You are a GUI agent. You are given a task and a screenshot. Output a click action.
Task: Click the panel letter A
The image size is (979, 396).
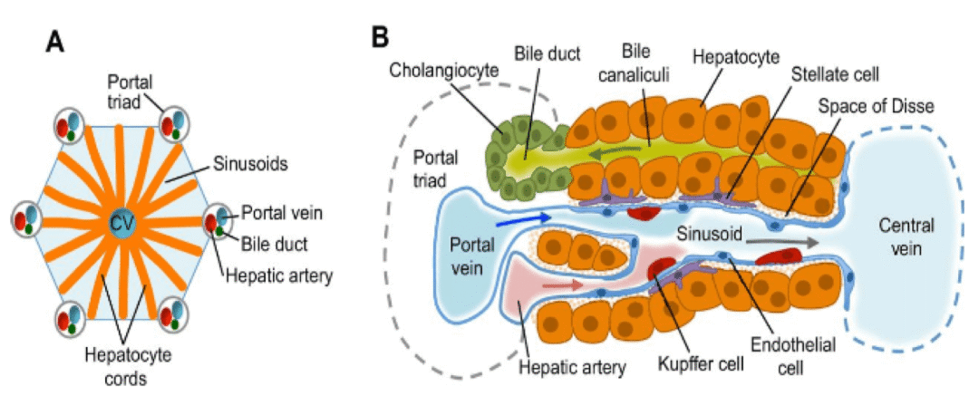57,42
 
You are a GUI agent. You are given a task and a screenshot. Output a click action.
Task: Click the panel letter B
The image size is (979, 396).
382,37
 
